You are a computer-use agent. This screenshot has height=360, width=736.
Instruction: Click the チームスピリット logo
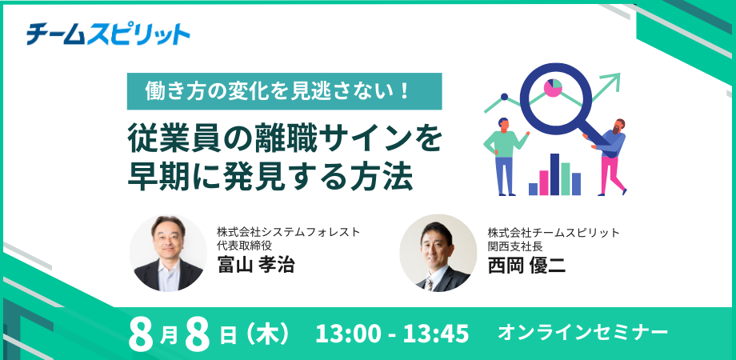(x=108, y=34)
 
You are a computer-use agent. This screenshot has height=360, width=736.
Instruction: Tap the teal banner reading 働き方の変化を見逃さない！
(x=285, y=91)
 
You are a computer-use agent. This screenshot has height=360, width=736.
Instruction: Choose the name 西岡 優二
(x=526, y=265)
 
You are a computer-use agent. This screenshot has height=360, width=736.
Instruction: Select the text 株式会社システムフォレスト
(x=288, y=231)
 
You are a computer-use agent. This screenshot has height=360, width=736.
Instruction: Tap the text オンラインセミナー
(x=583, y=333)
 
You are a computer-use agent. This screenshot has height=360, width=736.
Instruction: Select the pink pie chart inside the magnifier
(x=553, y=88)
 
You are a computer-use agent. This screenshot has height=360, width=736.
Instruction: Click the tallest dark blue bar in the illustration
(x=555, y=174)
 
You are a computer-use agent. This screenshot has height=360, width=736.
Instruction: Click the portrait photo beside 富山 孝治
(x=168, y=254)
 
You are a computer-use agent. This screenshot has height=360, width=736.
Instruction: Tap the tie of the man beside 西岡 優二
(x=429, y=283)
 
